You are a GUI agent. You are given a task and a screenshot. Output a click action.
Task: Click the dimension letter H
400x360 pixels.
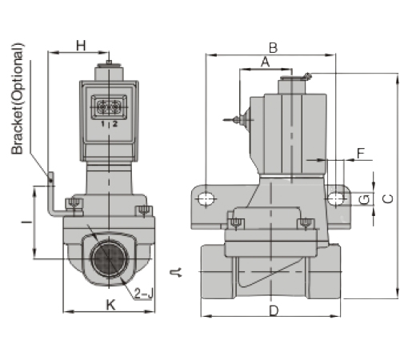click(81, 46)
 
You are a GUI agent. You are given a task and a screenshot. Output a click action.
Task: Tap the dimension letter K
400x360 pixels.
click(111, 304)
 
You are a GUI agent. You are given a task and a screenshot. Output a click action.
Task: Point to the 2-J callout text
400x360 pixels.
click(144, 294)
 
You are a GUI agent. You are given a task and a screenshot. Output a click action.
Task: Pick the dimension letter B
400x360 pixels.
click(272, 46)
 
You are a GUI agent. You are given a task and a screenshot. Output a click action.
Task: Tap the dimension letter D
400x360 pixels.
click(273, 310)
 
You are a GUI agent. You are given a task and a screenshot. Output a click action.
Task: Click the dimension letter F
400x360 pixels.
click(361, 152)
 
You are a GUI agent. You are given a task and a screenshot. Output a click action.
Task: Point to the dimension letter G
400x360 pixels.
click(363, 198)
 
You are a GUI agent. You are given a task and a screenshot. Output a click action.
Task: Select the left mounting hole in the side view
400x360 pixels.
click(206, 198)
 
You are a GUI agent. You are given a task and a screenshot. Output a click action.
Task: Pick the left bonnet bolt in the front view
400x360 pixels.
click(75, 206)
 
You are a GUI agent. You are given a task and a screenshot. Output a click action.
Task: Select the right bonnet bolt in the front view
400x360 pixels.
click(144, 211)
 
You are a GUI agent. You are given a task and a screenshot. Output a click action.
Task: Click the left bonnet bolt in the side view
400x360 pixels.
click(238, 222)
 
